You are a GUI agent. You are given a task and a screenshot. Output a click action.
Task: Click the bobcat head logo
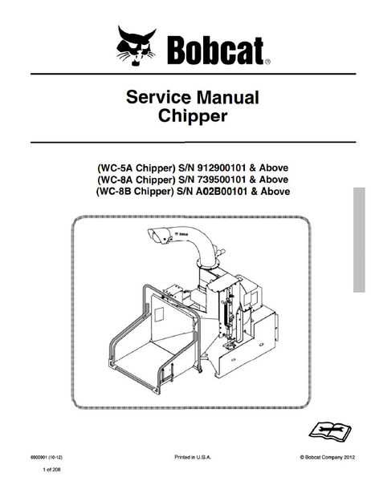click(137, 46)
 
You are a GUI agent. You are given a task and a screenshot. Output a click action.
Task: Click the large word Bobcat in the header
click(215, 51)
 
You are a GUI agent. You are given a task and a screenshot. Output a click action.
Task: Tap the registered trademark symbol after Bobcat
click(267, 62)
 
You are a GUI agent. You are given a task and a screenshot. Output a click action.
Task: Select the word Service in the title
click(158, 97)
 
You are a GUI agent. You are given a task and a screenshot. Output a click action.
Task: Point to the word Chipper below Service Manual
click(193, 116)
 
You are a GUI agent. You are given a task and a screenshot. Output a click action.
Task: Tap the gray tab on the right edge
click(359, 240)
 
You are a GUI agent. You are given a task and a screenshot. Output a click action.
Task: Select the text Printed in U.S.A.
click(193, 458)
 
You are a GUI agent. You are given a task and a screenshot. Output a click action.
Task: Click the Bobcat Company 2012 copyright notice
click(328, 458)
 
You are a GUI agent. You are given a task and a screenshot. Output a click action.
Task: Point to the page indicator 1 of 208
click(51, 469)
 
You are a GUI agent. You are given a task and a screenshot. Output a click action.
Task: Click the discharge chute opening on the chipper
click(157, 236)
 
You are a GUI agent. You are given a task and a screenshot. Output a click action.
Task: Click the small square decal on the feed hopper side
click(159, 315)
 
